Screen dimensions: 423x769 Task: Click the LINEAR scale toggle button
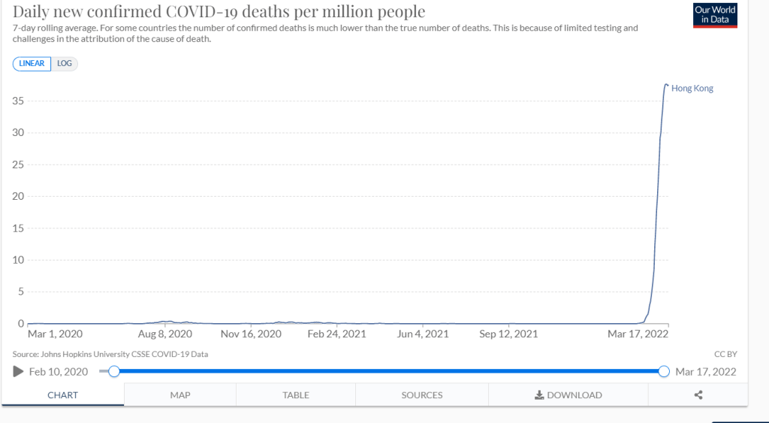point(32,64)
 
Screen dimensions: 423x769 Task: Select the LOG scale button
point(65,64)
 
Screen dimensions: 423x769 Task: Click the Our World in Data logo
point(715,15)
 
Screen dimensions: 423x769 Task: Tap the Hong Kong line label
point(692,89)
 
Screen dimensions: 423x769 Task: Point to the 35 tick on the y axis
point(17,101)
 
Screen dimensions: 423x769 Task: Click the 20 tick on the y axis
point(17,196)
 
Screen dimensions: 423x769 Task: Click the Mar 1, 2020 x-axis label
point(55,334)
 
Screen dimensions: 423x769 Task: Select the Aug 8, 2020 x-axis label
point(165,334)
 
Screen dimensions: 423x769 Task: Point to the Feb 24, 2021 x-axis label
point(337,334)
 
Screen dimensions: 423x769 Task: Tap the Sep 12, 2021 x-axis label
point(508,334)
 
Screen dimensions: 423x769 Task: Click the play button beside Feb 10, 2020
point(19,371)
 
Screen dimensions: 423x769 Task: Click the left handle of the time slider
point(114,371)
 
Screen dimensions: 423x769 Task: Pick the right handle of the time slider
point(664,371)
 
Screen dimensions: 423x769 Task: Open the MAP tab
point(180,395)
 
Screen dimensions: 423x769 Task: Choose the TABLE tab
point(296,395)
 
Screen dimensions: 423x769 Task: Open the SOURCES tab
point(422,395)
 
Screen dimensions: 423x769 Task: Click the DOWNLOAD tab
point(568,395)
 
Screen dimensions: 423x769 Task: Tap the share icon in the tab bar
point(698,395)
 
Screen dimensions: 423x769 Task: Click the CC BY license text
point(725,354)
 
